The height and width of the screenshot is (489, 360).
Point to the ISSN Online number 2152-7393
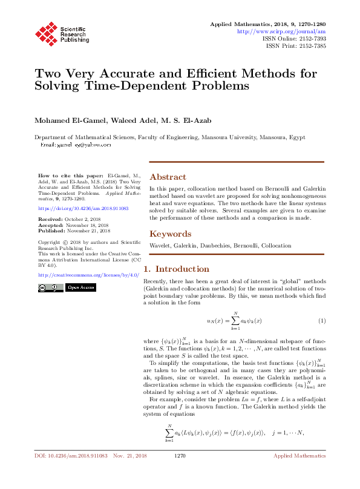coord(312,38)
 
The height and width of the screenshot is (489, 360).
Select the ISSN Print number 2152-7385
coord(312,45)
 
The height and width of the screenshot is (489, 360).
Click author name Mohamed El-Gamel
coord(63,120)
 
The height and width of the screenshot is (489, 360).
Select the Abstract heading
coord(167,177)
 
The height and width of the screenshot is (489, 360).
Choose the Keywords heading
coord(171,234)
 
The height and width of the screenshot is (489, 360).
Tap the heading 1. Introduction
coord(176,269)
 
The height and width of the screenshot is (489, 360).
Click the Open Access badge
coord(80,287)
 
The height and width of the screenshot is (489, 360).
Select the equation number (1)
coord(322,320)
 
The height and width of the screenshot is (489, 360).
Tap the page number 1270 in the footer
coord(179,472)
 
